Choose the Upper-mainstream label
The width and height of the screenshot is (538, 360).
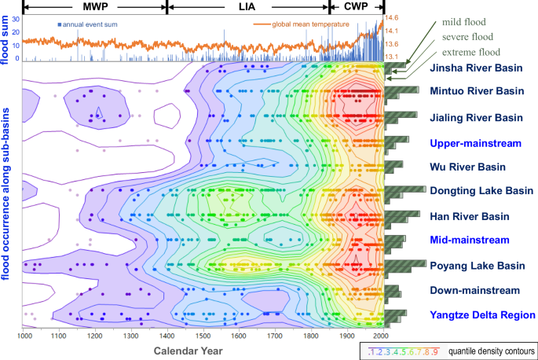pyautogui.click(x=476, y=143)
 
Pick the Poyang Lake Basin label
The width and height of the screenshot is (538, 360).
pyautogui.click(x=478, y=266)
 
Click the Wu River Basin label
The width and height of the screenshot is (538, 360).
pyautogui.click(x=467, y=167)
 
